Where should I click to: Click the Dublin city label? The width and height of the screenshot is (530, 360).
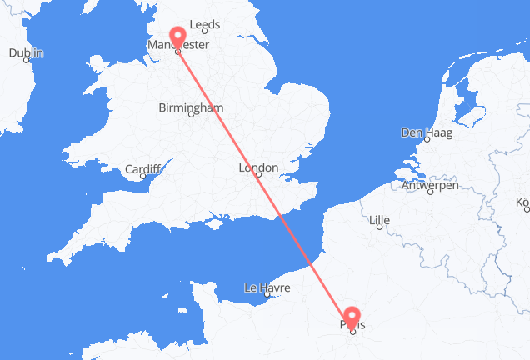(x=26, y=53)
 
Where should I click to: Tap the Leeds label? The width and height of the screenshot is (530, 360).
(x=204, y=25)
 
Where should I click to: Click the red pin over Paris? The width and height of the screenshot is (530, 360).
(x=352, y=317)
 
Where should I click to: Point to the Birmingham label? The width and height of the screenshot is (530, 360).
(x=192, y=107)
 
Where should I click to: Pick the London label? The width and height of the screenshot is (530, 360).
(x=257, y=167)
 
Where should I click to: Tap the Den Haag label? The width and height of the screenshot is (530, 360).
(x=423, y=132)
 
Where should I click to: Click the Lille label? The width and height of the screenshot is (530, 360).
(x=380, y=221)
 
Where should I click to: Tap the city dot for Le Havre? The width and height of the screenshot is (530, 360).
(x=266, y=295)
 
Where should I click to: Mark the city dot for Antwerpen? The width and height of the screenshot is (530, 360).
(x=430, y=192)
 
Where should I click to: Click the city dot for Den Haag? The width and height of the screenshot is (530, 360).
(x=422, y=139)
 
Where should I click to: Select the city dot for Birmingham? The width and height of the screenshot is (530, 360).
(x=192, y=115)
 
